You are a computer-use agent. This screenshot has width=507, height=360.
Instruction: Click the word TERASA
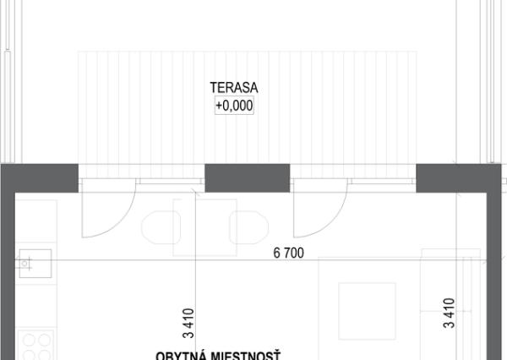(232, 87)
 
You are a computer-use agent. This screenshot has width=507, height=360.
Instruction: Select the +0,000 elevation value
(234, 106)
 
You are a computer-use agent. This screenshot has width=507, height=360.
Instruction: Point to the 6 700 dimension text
(287, 253)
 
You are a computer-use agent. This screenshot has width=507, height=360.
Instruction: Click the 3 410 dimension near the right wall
(450, 312)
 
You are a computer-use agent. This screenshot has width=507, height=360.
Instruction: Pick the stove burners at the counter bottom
(35, 345)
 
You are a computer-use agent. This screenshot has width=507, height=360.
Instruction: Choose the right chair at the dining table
(252, 226)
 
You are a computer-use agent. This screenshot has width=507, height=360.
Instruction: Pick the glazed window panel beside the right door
(380, 181)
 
